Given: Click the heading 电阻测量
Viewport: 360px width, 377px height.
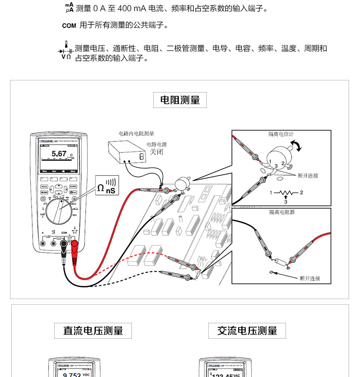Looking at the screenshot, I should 180,100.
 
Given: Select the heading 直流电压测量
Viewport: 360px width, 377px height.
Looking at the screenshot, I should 93,331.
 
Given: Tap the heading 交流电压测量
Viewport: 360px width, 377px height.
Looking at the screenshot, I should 247,331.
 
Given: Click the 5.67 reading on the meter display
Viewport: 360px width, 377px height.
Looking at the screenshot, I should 59,154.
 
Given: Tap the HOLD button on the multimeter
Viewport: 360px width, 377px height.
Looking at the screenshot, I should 44,187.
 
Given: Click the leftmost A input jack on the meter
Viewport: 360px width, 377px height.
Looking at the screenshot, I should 43,243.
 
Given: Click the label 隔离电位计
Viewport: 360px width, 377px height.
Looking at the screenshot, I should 282,134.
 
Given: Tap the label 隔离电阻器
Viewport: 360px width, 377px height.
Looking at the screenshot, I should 282,212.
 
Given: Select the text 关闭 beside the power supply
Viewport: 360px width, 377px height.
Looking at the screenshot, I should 156,152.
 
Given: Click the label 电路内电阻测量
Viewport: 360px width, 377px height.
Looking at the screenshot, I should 136,133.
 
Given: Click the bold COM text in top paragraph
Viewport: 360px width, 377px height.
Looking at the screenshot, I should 69,26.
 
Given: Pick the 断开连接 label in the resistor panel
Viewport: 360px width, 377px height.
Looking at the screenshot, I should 310,278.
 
